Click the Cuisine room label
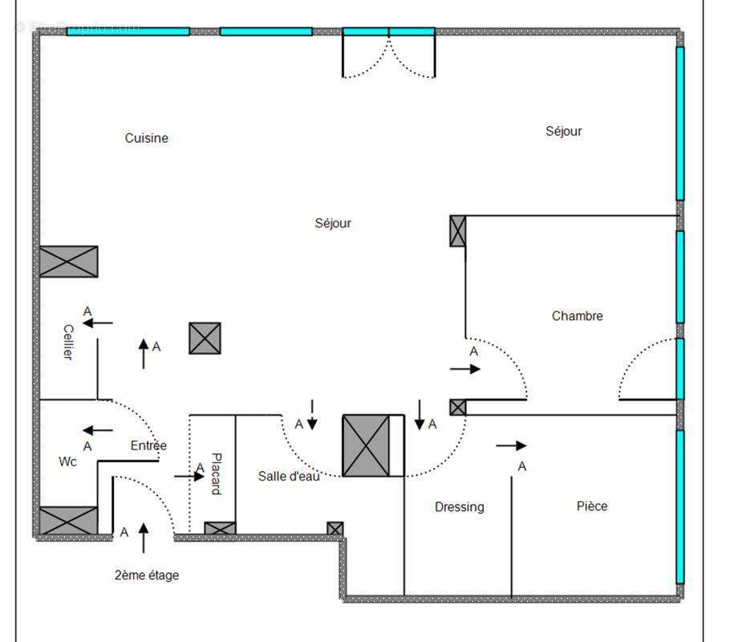146,138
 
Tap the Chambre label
577,316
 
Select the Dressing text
459,507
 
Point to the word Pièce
592,506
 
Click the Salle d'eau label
289,476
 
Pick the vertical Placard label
215,474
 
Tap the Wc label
68,462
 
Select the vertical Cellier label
68,342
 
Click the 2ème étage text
146,575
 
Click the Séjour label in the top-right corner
563,132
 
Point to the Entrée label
148,446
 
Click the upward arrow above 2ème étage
144,538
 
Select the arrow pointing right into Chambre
465,369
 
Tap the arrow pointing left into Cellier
97,323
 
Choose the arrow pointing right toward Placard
189,477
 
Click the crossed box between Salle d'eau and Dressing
366,446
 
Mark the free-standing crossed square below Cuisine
205,339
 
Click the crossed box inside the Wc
68,521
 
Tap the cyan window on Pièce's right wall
679,507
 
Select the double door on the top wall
389,53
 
